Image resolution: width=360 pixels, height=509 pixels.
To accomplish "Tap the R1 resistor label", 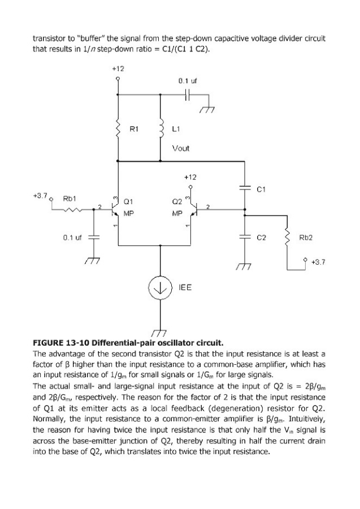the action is click(x=134, y=129).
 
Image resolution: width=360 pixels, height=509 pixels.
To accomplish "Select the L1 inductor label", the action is click(x=176, y=129).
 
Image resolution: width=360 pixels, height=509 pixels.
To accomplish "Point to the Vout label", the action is click(x=181, y=148).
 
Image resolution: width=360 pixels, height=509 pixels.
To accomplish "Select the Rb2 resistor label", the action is click(x=306, y=238).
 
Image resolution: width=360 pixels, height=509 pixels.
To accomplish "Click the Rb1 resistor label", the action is click(x=70, y=199).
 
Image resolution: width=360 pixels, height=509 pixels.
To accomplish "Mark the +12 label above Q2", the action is click(x=190, y=177).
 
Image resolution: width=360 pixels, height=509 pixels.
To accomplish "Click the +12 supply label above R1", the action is click(x=118, y=69).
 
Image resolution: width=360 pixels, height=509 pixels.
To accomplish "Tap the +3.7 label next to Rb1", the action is click(x=40, y=196).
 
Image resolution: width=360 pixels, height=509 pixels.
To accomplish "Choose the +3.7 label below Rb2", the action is click(x=318, y=262).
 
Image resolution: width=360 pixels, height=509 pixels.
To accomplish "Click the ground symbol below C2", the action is click(x=244, y=266).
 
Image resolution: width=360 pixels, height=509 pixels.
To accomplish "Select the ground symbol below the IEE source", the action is click(x=159, y=333).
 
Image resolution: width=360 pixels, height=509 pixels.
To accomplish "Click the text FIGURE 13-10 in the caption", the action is click(x=61, y=343).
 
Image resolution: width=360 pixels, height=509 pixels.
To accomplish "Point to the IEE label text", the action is click(x=185, y=287).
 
